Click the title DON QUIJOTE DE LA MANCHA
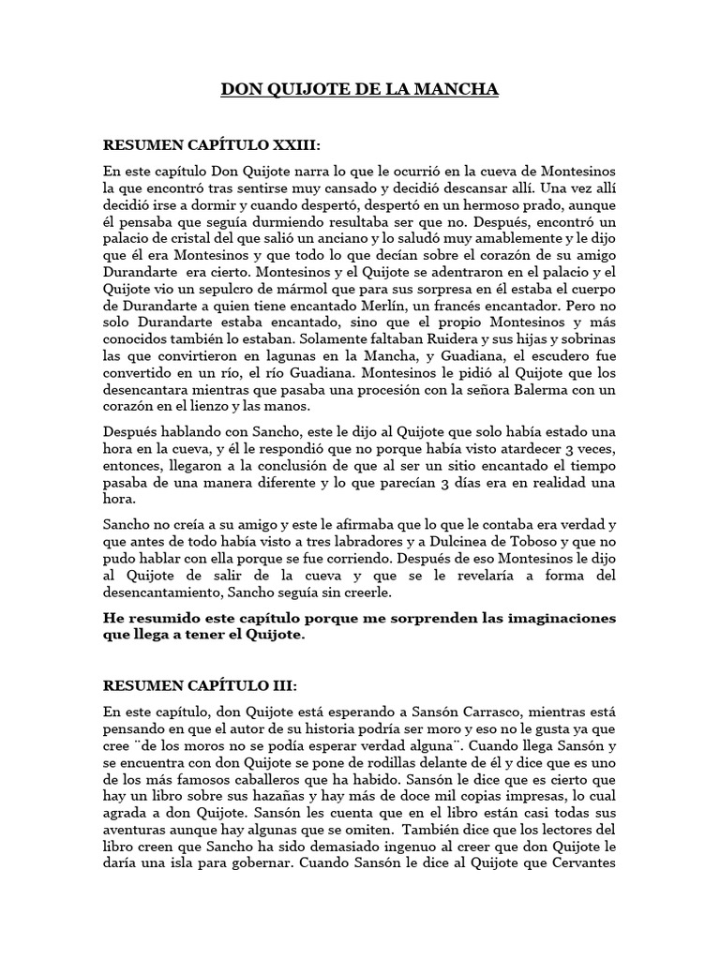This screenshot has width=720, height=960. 360,90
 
